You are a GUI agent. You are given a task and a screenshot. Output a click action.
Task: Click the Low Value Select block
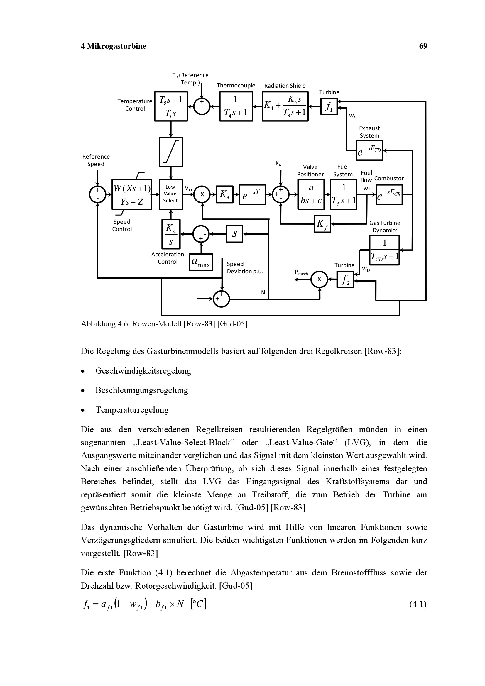click(x=171, y=194)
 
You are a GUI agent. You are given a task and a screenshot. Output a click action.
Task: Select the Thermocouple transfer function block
click(x=236, y=106)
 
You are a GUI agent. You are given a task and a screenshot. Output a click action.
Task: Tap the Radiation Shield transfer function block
click(x=285, y=106)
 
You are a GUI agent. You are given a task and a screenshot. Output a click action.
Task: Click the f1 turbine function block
click(x=329, y=107)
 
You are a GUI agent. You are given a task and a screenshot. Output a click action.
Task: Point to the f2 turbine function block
click(x=345, y=280)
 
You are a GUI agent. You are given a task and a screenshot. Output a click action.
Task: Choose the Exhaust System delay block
click(x=370, y=150)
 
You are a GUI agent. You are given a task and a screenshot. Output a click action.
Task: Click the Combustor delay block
click(x=389, y=194)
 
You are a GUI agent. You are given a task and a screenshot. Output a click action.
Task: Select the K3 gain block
click(x=224, y=194)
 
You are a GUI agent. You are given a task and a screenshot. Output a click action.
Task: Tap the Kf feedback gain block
click(x=322, y=224)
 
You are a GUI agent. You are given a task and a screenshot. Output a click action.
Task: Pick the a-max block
click(x=201, y=262)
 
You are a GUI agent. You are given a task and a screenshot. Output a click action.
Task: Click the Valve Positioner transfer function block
click(x=311, y=194)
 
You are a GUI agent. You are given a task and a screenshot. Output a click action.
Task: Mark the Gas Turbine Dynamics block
click(x=384, y=250)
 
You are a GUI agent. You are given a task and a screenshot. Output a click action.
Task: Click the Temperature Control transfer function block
click(x=171, y=106)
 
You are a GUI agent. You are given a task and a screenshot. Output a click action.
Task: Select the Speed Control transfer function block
click(x=131, y=194)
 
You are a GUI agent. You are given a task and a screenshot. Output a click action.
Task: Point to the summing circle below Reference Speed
click(x=97, y=194)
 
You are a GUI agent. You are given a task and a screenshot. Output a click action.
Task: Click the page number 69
click(x=423, y=46)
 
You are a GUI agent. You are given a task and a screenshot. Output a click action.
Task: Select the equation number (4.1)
click(x=418, y=604)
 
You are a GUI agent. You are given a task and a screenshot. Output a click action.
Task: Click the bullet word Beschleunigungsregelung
click(x=142, y=390)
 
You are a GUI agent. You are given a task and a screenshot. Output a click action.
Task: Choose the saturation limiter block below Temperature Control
click(x=171, y=152)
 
